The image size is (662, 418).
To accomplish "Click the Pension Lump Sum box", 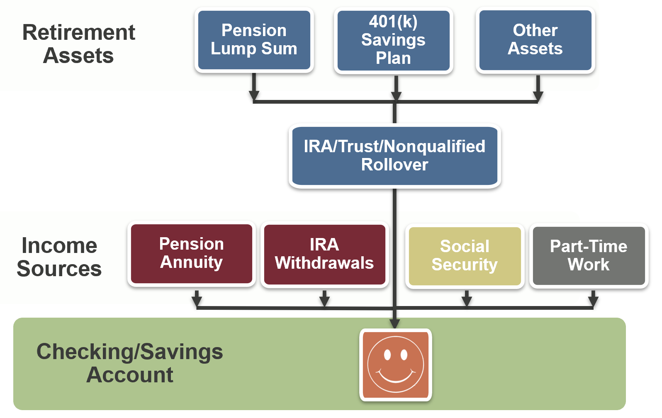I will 254,40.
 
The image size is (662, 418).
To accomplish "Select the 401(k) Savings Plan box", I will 393,40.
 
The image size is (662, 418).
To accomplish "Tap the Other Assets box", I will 535,40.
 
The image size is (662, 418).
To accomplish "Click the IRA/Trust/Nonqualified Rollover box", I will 394,156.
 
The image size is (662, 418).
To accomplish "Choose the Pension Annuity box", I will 191,253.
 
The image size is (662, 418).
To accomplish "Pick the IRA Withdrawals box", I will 324,254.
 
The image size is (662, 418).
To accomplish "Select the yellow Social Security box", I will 465,255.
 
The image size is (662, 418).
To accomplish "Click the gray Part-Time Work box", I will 589,255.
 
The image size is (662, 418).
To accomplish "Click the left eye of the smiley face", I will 387,355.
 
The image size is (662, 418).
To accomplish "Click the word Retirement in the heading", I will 79,32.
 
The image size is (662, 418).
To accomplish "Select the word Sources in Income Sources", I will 59,269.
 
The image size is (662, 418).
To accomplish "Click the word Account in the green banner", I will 129,375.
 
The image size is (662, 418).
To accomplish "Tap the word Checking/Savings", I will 129,352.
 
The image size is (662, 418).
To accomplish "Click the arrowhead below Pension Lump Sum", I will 254,96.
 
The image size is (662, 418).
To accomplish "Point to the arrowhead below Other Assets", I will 538,97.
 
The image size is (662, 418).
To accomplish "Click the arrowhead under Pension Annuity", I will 197,301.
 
